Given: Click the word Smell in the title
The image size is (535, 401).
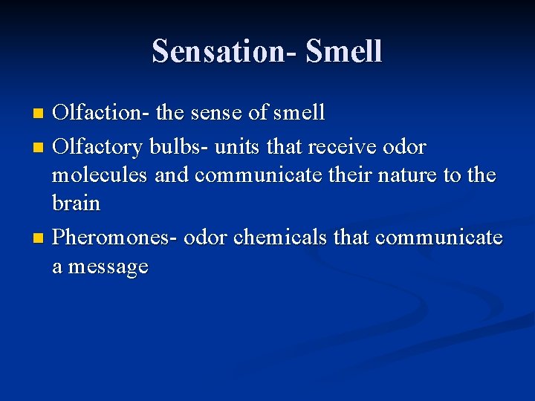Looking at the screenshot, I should coord(344,52).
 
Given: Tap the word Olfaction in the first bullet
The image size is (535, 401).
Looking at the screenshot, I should coord(101,113).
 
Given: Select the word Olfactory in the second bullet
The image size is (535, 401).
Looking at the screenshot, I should coord(100,147).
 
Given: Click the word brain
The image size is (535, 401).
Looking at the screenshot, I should coord(76,202).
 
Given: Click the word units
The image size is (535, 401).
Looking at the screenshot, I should coord(237,147).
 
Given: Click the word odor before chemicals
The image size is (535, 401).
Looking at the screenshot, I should coord(206,238).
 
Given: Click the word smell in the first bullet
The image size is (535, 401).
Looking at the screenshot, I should coord(299,113).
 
